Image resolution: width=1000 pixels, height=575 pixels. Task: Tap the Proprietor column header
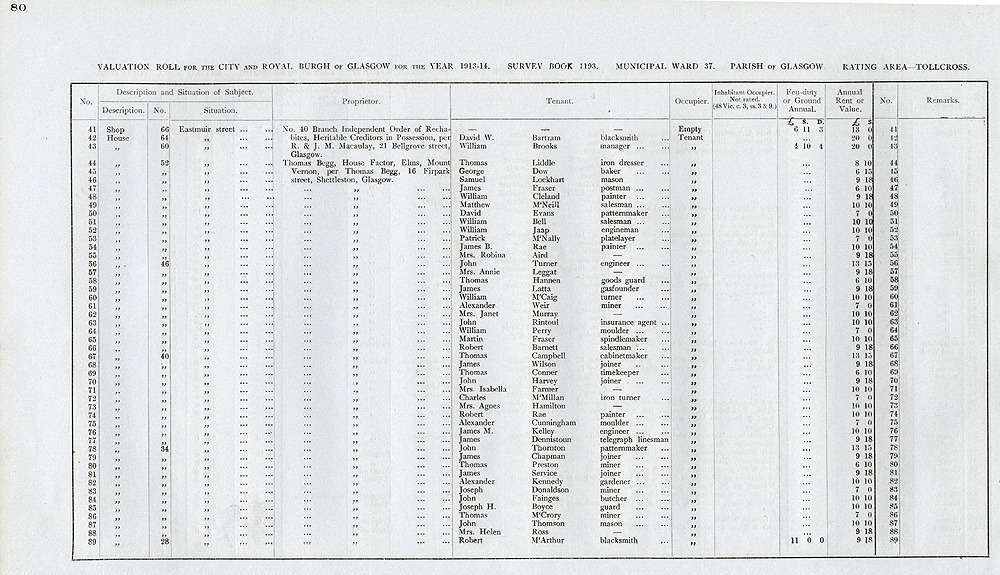tap(361, 101)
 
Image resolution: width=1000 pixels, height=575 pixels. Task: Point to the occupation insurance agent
tap(628, 322)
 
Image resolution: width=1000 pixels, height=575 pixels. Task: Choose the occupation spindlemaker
tap(625, 339)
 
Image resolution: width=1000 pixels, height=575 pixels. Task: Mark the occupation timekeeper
tap(621, 373)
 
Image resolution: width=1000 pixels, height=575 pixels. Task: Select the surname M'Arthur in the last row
tap(541, 541)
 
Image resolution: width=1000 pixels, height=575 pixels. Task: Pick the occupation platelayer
tap(620, 238)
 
